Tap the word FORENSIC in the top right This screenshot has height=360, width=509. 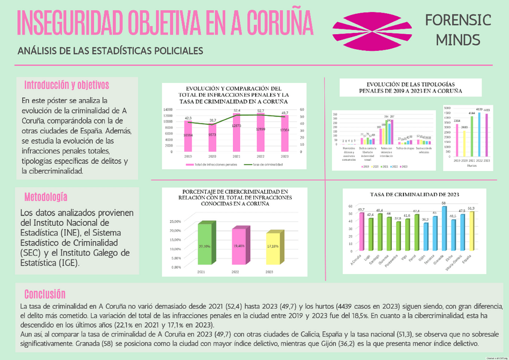click(x=458, y=20)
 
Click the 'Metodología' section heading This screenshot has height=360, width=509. click(x=46, y=197)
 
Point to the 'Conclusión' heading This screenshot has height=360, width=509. click(x=44, y=293)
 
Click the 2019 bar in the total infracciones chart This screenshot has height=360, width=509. click(x=188, y=137)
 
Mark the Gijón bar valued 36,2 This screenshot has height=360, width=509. click(x=426, y=245)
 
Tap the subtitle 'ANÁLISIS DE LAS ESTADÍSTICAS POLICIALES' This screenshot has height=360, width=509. click(x=110, y=51)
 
